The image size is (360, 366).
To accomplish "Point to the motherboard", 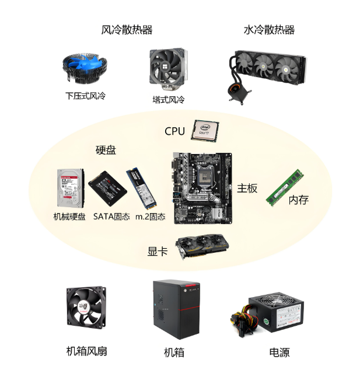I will [x=202, y=187].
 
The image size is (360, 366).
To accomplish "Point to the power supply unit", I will [x=275, y=315].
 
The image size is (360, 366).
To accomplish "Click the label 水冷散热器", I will [x=269, y=30].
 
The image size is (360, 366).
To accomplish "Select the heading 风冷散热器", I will [x=127, y=30].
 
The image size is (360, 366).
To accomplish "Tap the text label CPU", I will [x=174, y=131].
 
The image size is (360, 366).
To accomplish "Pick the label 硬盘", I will [x=106, y=150].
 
